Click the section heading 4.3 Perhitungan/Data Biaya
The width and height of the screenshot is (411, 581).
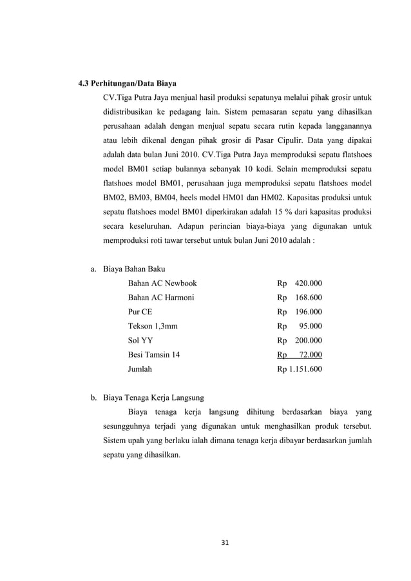click(x=127, y=83)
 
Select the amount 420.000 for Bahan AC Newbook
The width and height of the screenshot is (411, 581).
click(x=309, y=283)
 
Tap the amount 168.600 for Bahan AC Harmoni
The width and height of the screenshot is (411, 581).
click(x=309, y=298)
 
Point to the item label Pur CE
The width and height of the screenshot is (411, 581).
click(x=140, y=312)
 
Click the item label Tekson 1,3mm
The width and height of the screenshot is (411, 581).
click(x=153, y=326)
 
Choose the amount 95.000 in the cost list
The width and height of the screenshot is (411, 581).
click(x=311, y=326)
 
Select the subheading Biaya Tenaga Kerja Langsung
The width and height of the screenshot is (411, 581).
click(x=158, y=397)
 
